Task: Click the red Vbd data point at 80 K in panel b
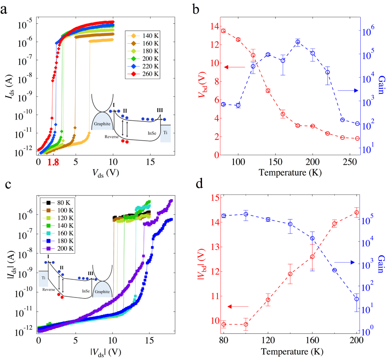click(223, 31)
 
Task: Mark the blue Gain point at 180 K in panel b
click(297, 42)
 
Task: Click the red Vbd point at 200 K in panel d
click(356, 213)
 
